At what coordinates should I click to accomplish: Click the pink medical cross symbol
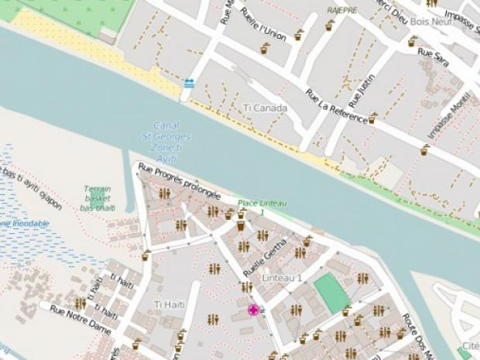252,310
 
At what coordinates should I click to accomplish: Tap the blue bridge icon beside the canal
189,83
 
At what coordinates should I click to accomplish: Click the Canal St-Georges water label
171,136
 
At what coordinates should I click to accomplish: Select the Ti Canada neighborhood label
265,108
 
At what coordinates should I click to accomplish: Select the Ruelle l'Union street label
263,25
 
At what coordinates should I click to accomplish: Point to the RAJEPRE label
341,10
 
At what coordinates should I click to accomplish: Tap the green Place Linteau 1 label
262,207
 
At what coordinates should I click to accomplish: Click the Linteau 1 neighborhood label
283,277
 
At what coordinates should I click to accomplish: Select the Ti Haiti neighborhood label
170,303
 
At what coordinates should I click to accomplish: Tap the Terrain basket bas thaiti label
98,198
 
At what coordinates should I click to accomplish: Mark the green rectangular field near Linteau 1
331,293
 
